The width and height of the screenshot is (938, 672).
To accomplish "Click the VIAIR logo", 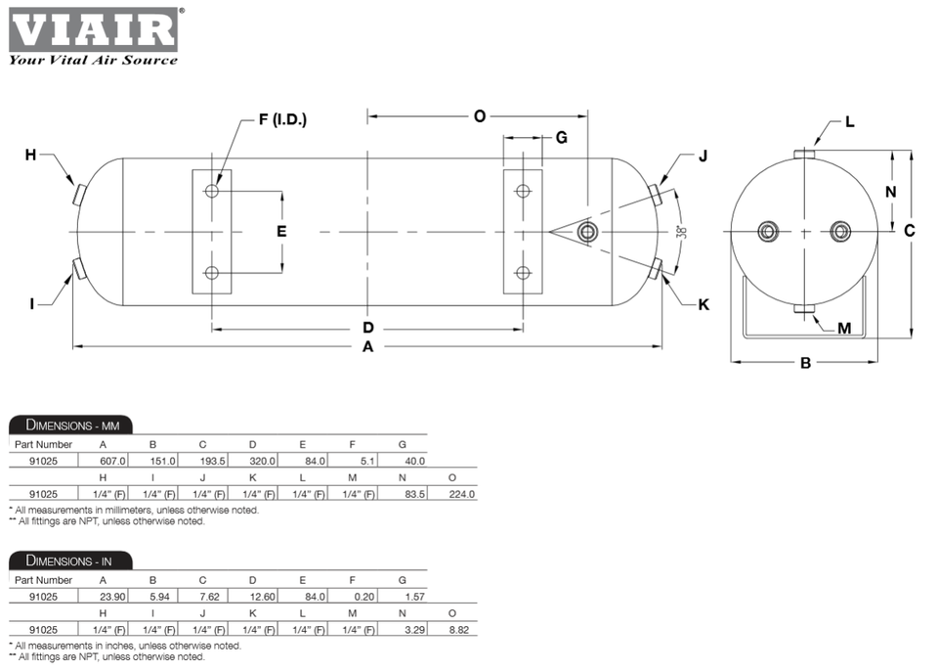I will [94, 29].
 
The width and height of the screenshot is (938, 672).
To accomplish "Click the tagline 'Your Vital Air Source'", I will [94, 60].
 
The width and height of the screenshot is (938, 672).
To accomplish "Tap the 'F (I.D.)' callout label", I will [282, 120].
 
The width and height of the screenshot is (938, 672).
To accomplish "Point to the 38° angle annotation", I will [681, 233].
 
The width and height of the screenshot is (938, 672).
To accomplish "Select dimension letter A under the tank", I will [367, 346].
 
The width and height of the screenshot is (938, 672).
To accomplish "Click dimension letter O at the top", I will [479, 116].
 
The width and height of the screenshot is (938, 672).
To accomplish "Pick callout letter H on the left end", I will [30, 155].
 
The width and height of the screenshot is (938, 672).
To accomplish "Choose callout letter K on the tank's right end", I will [703, 304].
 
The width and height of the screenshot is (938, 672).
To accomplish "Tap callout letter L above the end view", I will [849, 122].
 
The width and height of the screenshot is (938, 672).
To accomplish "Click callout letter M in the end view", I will [844, 328].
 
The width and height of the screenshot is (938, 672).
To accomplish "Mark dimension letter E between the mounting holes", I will [281, 232].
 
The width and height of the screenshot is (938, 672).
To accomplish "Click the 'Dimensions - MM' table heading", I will [71, 425].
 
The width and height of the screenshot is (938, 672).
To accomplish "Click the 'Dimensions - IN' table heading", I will [69, 560].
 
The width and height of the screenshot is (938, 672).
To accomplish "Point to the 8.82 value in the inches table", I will [456, 630].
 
